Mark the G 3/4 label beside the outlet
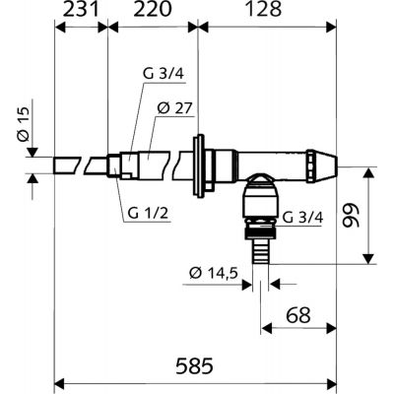coord(300,218)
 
